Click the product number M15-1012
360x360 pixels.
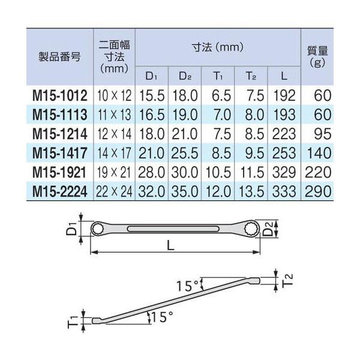click(x=60, y=96)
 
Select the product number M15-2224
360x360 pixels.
click(x=60, y=191)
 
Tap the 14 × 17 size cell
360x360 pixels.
click(x=114, y=153)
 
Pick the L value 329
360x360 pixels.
click(x=284, y=172)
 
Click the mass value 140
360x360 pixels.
click(x=319, y=153)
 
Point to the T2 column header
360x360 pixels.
click(x=251, y=76)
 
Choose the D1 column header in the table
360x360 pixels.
click(x=152, y=76)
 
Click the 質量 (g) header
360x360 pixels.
click(x=317, y=56)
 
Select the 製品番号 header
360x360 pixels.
click(x=59, y=56)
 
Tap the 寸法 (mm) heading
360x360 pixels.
click(x=218, y=48)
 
